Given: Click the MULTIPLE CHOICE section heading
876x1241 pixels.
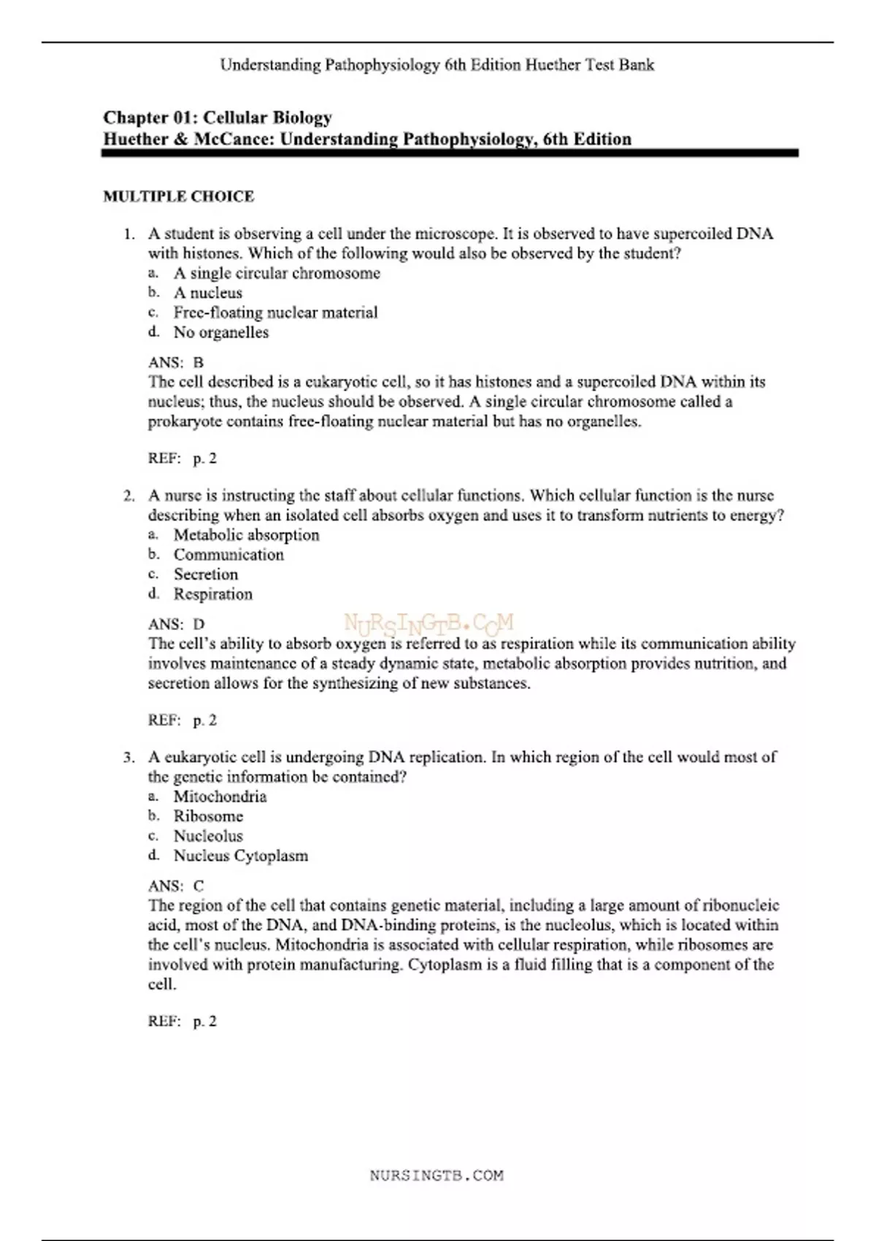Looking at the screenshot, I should [179, 196].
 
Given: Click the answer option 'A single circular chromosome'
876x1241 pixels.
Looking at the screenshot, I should [277, 273].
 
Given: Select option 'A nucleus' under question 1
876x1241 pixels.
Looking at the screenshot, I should [207, 293].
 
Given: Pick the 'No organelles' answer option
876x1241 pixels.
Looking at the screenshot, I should [220, 332].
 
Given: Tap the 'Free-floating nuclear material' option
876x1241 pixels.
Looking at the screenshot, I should [275, 312].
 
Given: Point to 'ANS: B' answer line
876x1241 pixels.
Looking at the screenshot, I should [176, 362].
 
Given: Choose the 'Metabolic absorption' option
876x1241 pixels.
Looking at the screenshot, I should [246, 535].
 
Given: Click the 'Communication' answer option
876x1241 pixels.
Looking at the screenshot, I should [228, 555].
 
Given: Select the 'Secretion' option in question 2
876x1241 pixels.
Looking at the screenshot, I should [206, 575].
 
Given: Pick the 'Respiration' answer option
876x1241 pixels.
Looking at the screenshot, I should [212, 594].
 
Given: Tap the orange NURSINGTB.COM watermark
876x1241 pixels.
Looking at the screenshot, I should [429, 623].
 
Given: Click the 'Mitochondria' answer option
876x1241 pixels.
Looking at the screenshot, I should [220, 796].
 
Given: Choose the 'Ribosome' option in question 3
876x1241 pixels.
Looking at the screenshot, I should [208, 816].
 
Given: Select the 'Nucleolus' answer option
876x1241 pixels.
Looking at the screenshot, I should [208, 836].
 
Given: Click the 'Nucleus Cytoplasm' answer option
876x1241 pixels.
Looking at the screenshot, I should [240, 856].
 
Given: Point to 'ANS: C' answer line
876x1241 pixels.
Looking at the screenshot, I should [176, 886].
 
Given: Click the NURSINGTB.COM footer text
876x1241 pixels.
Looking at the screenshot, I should [437, 1175].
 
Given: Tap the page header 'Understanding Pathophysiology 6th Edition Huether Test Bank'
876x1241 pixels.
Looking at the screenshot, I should [437, 65].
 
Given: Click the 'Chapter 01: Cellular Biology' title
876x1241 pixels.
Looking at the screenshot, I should [218, 118].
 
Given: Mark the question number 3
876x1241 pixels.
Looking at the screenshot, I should [128, 757].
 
